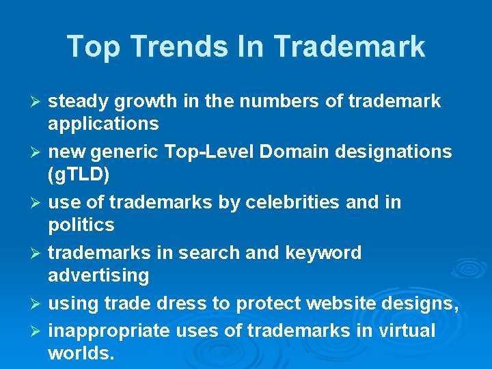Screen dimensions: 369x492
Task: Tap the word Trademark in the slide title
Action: (351, 46)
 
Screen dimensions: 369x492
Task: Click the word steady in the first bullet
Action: (79, 102)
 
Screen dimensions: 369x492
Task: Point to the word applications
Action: (103, 124)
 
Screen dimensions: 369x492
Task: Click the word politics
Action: (81, 225)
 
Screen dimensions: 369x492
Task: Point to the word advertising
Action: (98, 275)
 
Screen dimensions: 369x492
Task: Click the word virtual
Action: (407, 331)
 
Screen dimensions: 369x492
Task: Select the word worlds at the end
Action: (79, 353)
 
